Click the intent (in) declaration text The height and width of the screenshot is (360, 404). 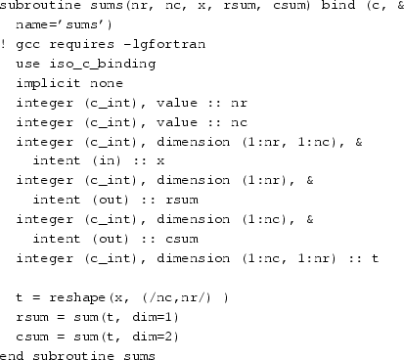pyautogui.click(x=81, y=165)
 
